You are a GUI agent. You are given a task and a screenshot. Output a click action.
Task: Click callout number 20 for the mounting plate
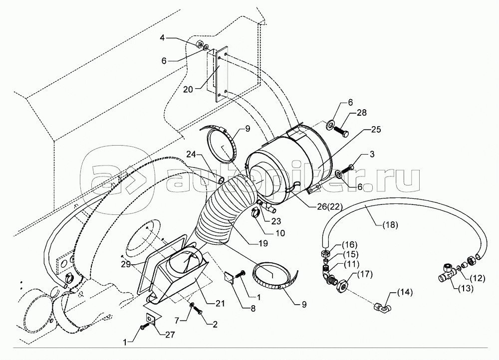point(188,90)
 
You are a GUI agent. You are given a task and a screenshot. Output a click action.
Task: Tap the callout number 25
point(375,130)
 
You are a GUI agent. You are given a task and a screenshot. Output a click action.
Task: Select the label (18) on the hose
point(390,225)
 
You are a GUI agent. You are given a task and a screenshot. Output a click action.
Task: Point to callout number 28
point(361,113)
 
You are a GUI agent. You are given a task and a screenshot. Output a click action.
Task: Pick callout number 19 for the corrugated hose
point(262,243)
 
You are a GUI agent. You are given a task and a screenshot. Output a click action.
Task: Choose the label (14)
point(405,292)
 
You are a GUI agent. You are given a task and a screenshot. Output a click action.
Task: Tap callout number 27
point(170,335)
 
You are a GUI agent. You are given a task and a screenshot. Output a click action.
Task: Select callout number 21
point(220,303)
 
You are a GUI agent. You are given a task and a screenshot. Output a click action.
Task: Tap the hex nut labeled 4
point(197,44)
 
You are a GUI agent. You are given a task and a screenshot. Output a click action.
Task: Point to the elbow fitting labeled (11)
point(327,275)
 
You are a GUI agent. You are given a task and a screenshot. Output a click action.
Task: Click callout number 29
point(126,264)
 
